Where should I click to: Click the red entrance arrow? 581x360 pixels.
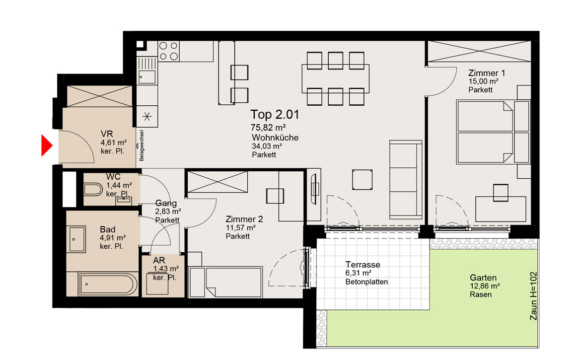click(x=46, y=145)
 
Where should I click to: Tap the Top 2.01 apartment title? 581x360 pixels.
click(x=275, y=114)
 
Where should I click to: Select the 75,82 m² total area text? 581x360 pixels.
click(x=268, y=128)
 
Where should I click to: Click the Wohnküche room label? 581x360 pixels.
click(x=275, y=138)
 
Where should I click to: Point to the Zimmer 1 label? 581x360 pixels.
click(x=487, y=73)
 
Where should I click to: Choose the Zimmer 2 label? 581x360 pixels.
click(x=244, y=219)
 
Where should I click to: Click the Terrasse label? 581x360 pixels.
click(x=363, y=265)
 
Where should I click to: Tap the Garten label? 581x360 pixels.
click(x=483, y=278)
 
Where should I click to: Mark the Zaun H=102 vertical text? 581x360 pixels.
click(x=533, y=296)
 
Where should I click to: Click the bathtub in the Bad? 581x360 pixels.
click(x=107, y=285)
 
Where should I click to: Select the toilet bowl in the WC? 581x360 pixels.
click(x=93, y=190)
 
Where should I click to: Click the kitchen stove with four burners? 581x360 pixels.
click(x=169, y=51)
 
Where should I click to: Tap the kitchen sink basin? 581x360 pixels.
click(x=146, y=77)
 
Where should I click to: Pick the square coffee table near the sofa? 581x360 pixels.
click(x=363, y=180)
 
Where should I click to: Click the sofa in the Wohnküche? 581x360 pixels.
click(x=406, y=180)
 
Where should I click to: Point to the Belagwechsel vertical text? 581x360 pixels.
click(x=142, y=145)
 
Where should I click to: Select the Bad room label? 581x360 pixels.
click(x=107, y=229)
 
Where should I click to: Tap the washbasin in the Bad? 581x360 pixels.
click(x=77, y=239)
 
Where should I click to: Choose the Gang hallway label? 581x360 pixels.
click(x=166, y=203)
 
